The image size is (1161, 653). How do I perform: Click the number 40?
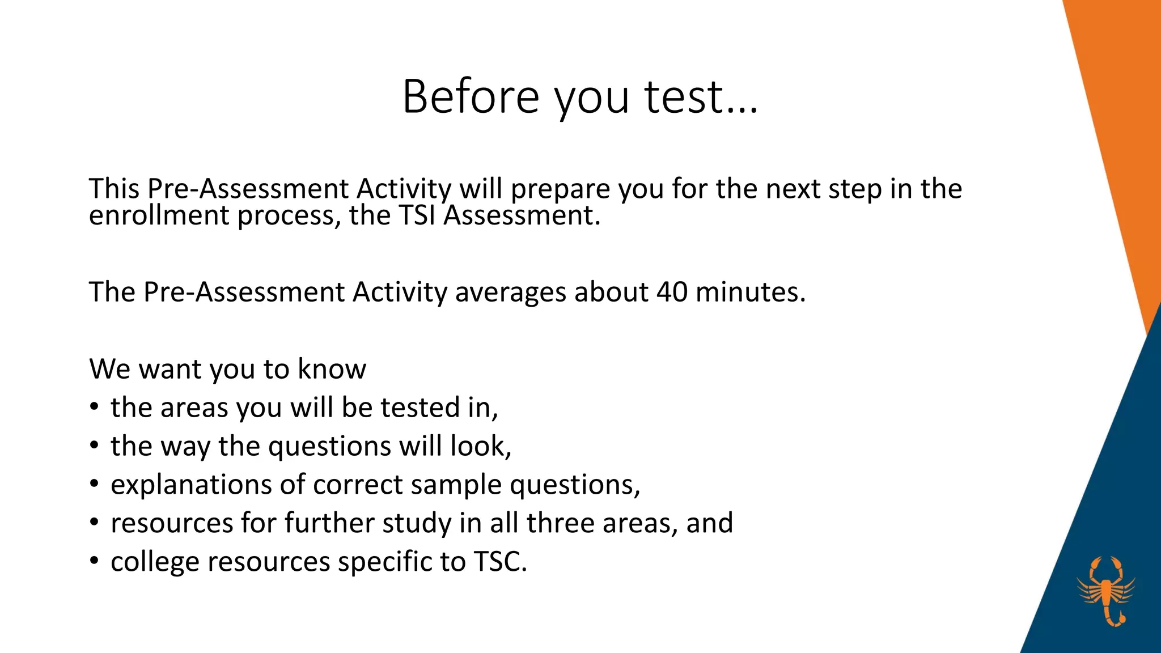tap(672, 292)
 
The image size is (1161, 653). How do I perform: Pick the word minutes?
tap(750, 292)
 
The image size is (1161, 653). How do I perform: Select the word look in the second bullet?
tap(480, 446)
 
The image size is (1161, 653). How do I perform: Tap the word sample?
tap(456, 485)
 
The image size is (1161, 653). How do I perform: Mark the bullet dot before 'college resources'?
tap(94, 562)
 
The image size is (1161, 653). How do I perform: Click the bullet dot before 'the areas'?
tap(94, 408)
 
